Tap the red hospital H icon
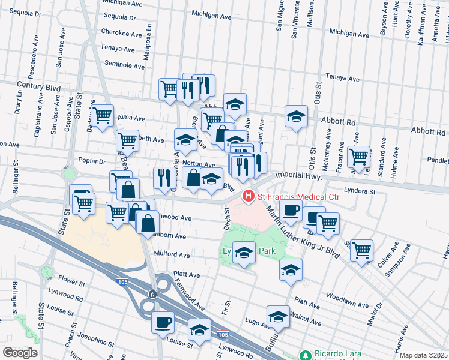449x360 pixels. (x=247, y=196)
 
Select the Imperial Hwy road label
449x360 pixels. (x=298, y=176)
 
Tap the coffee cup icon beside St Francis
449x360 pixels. (x=291, y=211)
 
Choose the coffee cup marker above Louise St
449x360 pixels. (x=163, y=322)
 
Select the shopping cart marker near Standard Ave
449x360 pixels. (x=358, y=157)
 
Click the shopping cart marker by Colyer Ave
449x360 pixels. (x=361, y=250)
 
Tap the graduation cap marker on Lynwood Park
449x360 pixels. (x=244, y=253)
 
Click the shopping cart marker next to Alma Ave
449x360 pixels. (x=103, y=114)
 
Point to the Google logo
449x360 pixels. (x=19, y=353)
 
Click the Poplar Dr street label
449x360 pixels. (x=92, y=161)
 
